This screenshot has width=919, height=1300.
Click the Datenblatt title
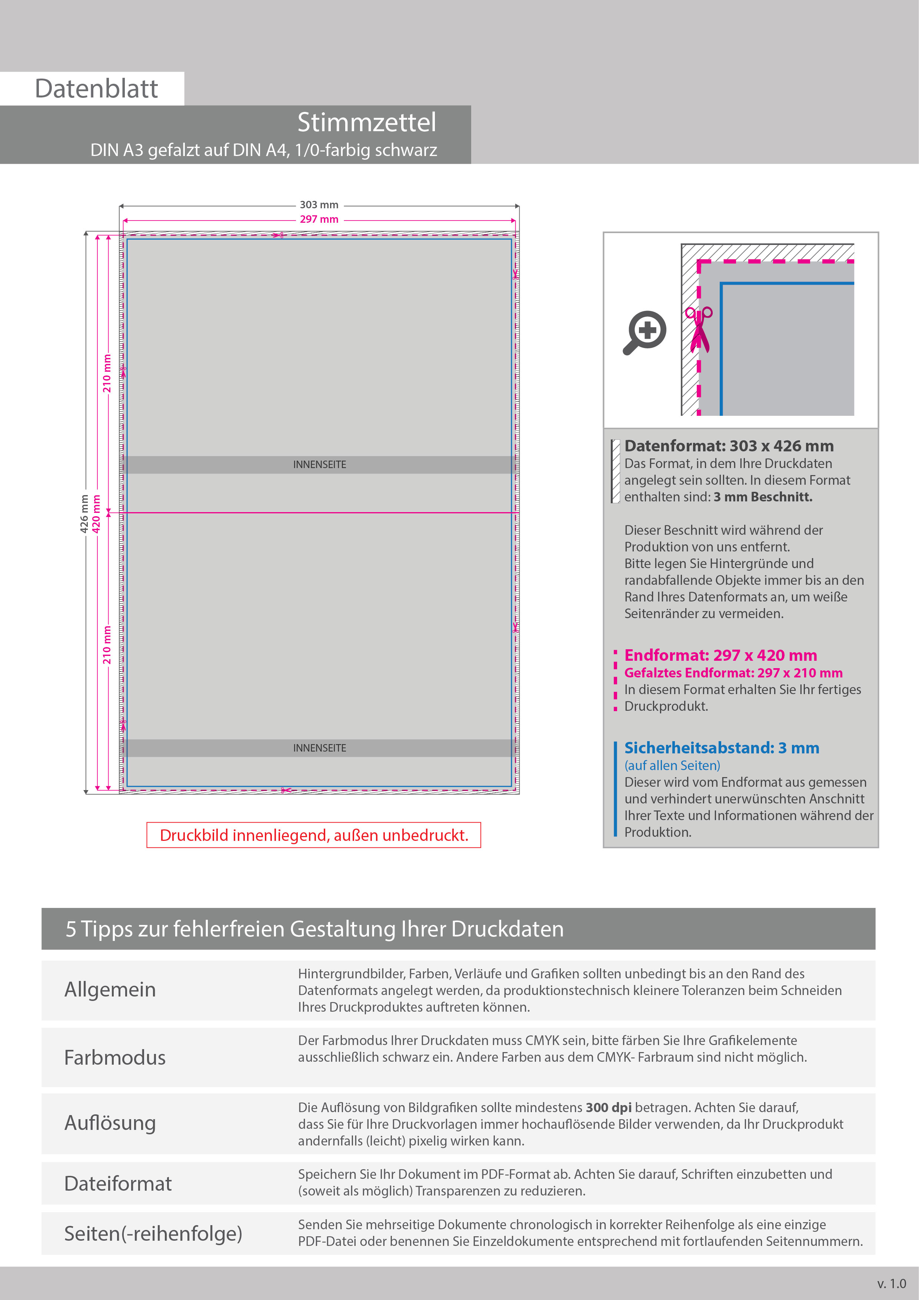click(96, 89)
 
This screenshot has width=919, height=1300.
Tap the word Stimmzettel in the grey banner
click(367, 122)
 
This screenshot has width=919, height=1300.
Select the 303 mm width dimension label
click(319, 205)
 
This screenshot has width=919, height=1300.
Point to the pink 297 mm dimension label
click(319, 219)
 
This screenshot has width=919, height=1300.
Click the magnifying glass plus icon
click(645, 332)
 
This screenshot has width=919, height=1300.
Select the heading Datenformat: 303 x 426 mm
click(729, 446)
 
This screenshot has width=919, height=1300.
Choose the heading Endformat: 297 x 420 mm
click(720, 655)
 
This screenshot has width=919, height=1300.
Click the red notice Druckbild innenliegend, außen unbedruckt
click(314, 835)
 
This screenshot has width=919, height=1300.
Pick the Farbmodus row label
click(115, 1058)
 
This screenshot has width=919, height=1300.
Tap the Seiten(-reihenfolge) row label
click(153, 1233)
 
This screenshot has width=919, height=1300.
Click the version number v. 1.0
click(891, 1284)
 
